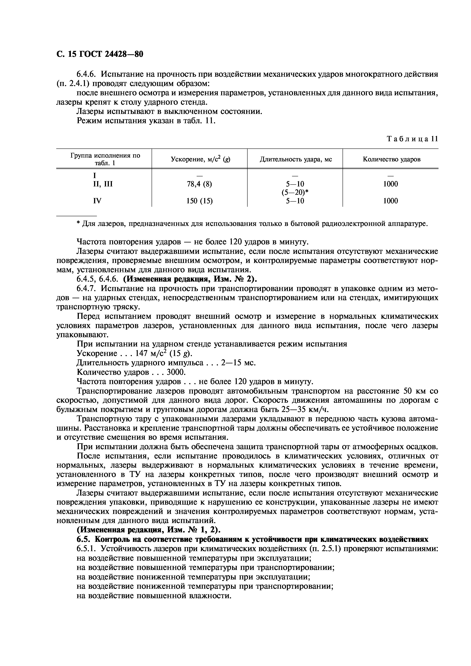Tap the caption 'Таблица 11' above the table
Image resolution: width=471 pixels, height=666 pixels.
[x=412, y=139]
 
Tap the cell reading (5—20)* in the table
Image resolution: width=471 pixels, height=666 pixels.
[x=295, y=192]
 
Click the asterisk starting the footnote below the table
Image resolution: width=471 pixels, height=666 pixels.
[x=78, y=224]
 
